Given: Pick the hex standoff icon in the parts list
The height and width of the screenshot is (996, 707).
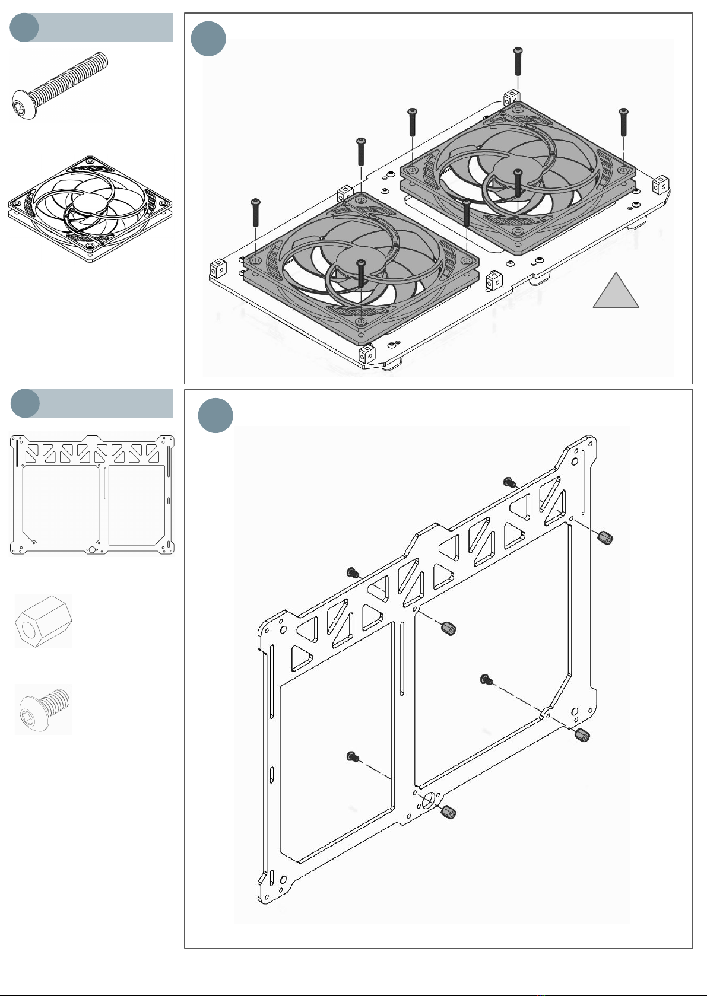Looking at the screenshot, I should tap(43, 622).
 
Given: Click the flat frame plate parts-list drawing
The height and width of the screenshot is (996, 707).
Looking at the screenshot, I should tap(92, 494).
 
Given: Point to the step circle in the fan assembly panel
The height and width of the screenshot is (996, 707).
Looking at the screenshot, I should tap(208, 39).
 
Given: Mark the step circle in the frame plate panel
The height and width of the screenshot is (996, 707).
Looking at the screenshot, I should tap(215, 415).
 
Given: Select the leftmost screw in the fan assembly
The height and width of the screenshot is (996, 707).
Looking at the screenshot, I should tap(256, 212).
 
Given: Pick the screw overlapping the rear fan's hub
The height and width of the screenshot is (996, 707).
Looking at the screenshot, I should tap(518, 182).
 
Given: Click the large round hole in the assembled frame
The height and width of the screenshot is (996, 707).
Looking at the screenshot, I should tap(427, 801).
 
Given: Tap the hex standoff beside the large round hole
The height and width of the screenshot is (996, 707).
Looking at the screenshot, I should tap(449, 812).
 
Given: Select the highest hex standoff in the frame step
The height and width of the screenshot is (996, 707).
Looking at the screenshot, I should tap(605, 538).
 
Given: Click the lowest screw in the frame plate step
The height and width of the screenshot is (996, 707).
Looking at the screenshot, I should tap(352, 756).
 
